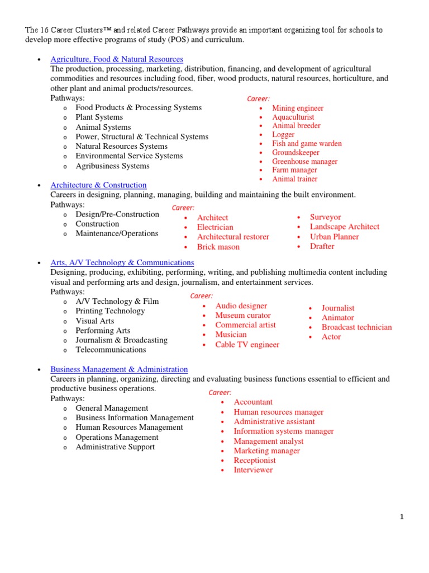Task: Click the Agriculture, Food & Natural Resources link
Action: point(117,59)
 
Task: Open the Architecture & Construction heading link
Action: point(98,185)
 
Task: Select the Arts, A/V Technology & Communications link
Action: point(122,262)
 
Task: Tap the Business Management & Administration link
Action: point(119,369)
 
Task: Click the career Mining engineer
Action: point(298,108)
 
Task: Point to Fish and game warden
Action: point(307,144)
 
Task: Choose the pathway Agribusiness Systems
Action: point(112,166)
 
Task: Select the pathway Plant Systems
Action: point(99,118)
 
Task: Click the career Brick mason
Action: point(218,247)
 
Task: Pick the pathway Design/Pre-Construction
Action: point(117,214)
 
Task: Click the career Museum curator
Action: point(243,316)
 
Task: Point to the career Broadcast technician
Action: point(356,327)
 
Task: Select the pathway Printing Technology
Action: point(110,311)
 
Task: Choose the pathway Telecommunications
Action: point(111,350)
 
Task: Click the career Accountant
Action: point(253,402)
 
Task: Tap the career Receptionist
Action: point(255,461)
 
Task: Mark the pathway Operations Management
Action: point(117,437)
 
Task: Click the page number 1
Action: point(401,517)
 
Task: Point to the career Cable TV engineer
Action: point(247,345)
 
